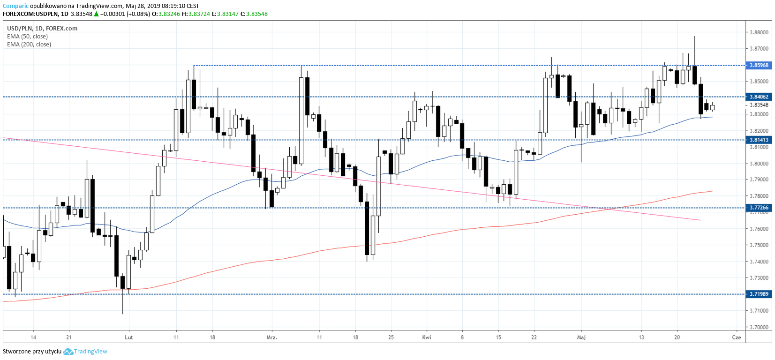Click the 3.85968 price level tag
pyautogui.click(x=759, y=65)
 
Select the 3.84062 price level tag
pyautogui.click(x=759, y=97)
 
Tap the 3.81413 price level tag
pyautogui.click(x=759, y=140)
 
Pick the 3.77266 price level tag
pyautogui.click(x=759, y=208)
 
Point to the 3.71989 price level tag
pyautogui.click(x=759, y=294)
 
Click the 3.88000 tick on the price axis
pyautogui.click(x=759, y=32)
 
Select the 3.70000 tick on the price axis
pyautogui.click(x=759, y=327)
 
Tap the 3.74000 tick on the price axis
pyautogui.click(x=759, y=262)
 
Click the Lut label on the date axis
pyautogui.click(x=129, y=337)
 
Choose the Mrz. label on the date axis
pyautogui.click(x=271, y=337)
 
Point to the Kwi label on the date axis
pyautogui.click(x=427, y=337)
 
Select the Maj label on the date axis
pyautogui.click(x=581, y=337)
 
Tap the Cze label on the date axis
pyautogui.click(x=737, y=337)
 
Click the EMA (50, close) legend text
pyautogui.click(x=27, y=37)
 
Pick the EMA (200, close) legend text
pyautogui.click(x=29, y=45)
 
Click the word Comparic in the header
pyautogui.click(x=15, y=6)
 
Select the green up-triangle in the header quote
pyautogui.click(x=96, y=14)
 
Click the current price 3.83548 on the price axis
pyautogui.click(x=759, y=105)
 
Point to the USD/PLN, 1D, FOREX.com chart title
pyautogui.click(x=42, y=28)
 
